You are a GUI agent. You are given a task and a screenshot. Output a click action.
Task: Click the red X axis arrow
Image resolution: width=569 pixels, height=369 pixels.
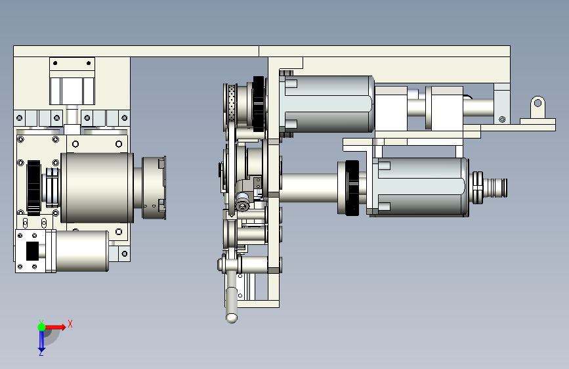point(55,327)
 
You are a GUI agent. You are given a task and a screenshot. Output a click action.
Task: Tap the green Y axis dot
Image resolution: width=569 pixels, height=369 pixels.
point(41,327)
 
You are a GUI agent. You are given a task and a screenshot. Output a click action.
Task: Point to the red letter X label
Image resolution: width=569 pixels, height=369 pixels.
point(70,324)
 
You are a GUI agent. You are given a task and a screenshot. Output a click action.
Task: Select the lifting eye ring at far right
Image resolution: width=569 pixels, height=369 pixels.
point(537,105)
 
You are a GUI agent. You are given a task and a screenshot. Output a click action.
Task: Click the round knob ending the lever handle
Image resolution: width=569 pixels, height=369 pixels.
point(232,318)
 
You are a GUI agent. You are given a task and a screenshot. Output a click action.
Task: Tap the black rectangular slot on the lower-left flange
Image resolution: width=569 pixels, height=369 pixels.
point(32,251)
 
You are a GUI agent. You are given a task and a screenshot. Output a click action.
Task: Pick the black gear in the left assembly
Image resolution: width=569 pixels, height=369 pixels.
point(33,187)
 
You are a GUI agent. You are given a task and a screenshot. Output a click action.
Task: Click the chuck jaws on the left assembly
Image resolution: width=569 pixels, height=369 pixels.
point(154,188)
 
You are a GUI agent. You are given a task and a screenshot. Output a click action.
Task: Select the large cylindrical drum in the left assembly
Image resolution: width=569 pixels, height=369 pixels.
point(97,188)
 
